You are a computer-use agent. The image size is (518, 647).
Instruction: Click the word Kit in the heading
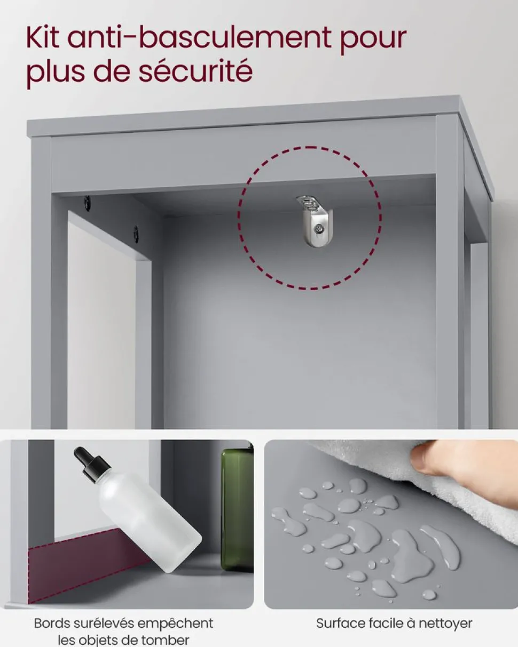(x=42, y=37)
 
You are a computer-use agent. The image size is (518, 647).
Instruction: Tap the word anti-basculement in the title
(x=199, y=37)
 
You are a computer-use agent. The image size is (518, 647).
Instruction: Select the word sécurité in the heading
(x=195, y=71)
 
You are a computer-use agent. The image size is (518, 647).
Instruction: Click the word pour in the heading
(x=373, y=41)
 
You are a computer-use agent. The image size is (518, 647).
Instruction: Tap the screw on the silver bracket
(x=319, y=230)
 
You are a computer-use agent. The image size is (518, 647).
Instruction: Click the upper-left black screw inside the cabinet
(x=88, y=203)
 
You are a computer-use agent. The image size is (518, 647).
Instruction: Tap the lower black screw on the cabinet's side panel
(x=136, y=234)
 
